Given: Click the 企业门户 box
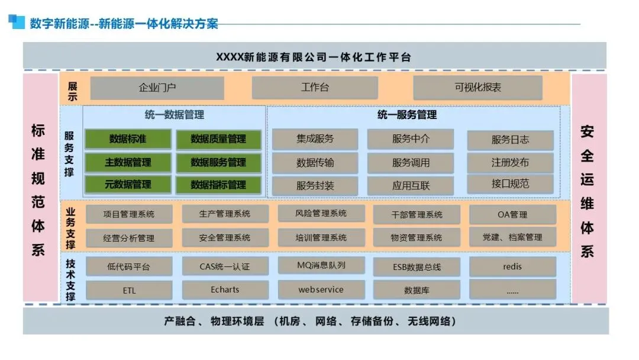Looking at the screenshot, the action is click(x=157, y=88).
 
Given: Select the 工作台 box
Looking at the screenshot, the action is click(x=315, y=88).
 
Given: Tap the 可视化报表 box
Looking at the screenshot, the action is click(x=477, y=88).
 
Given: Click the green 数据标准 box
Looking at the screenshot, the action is click(x=128, y=139).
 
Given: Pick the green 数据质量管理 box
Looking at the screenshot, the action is click(x=218, y=139).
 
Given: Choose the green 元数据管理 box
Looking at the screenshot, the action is click(x=128, y=185).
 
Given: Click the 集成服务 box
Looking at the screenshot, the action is click(x=315, y=139).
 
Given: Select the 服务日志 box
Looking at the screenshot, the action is click(x=510, y=140).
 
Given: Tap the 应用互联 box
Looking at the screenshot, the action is click(x=411, y=185).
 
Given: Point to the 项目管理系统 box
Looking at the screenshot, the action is click(x=129, y=214).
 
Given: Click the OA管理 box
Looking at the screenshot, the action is click(x=512, y=214).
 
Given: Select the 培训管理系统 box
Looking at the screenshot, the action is click(x=321, y=237).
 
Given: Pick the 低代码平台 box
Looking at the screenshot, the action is click(x=129, y=266).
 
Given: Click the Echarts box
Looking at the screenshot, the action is click(x=225, y=290).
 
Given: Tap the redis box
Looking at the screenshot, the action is click(x=512, y=266).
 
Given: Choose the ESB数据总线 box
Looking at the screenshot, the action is click(x=417, y=267).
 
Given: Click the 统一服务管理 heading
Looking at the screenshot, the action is click(x=407, y=115).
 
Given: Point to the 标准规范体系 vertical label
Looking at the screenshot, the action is click(x=38, y=190).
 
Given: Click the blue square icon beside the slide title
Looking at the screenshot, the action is click(x=18, y=22).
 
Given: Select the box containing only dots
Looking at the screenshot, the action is click(x=512, y=290).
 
